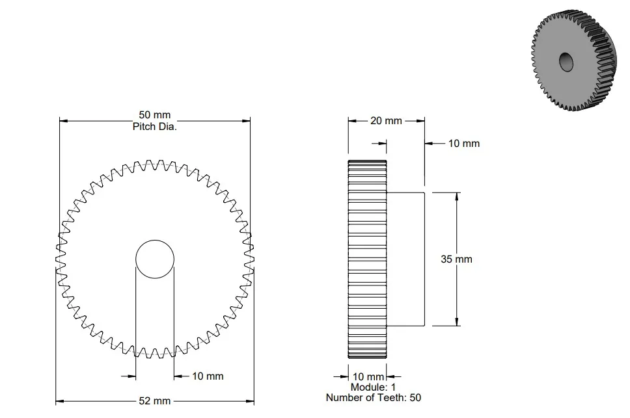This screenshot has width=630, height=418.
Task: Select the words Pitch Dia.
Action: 155,127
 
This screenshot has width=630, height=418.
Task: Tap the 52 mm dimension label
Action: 154,401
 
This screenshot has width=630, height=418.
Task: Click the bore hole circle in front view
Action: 155,259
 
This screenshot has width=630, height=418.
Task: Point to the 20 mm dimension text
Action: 386,121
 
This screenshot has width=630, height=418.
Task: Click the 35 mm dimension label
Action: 456,259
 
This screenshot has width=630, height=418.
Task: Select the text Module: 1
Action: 368,387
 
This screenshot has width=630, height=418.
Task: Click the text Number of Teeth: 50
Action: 368,398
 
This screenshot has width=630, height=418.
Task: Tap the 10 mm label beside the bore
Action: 208,376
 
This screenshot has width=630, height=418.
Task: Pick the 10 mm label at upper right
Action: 463,143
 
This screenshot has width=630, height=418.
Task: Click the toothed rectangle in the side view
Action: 367,259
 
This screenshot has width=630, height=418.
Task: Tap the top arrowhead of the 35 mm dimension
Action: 457,196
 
